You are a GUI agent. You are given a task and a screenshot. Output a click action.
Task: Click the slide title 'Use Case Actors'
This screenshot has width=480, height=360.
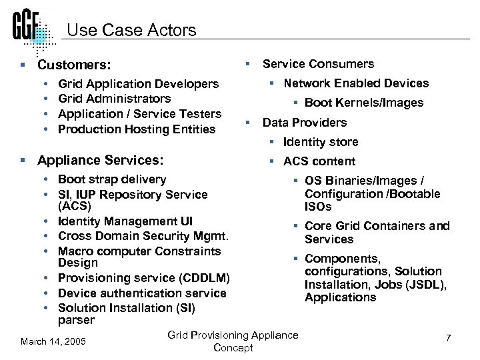pos(132,30)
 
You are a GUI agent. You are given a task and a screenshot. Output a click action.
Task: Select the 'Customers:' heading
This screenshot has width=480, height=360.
pos(74,65)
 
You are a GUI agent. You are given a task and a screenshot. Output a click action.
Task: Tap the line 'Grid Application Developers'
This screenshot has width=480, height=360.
pos(138,84)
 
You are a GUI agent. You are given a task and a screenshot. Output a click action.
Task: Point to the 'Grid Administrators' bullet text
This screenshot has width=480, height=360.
pos(114,99)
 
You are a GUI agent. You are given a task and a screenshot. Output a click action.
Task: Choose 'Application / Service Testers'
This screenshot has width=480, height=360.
pos(139,114)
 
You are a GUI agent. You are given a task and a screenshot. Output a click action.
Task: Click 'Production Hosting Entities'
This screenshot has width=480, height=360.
pos(137,129)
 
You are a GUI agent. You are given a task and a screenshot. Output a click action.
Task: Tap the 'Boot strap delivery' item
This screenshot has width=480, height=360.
pos(112,179)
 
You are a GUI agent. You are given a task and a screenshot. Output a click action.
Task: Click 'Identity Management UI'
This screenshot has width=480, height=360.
pos(125,221)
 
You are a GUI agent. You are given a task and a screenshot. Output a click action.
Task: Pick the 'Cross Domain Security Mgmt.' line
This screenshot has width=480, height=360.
pos(143,236)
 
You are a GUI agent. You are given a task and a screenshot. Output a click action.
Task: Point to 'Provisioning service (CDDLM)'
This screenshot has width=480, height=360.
pos(143,278)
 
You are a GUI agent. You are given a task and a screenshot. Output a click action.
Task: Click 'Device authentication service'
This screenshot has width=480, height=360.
pos(142,293)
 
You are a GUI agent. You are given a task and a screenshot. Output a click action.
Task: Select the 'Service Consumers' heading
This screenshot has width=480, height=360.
pos(318,64)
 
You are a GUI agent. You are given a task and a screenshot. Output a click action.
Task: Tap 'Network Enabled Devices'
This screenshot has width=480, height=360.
pos(356,83)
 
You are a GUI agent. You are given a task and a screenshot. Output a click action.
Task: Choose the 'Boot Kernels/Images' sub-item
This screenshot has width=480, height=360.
pos(363,103)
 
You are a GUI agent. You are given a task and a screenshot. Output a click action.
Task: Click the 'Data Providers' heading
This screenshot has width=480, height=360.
pos(304,123)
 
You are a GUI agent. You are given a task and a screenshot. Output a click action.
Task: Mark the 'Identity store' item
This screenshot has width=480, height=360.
pos(320,142)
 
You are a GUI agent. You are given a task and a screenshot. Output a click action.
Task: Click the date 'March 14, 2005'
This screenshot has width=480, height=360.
pos(53,341)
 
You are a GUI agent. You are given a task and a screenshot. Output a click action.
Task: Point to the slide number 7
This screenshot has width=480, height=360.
pos(448,338)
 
